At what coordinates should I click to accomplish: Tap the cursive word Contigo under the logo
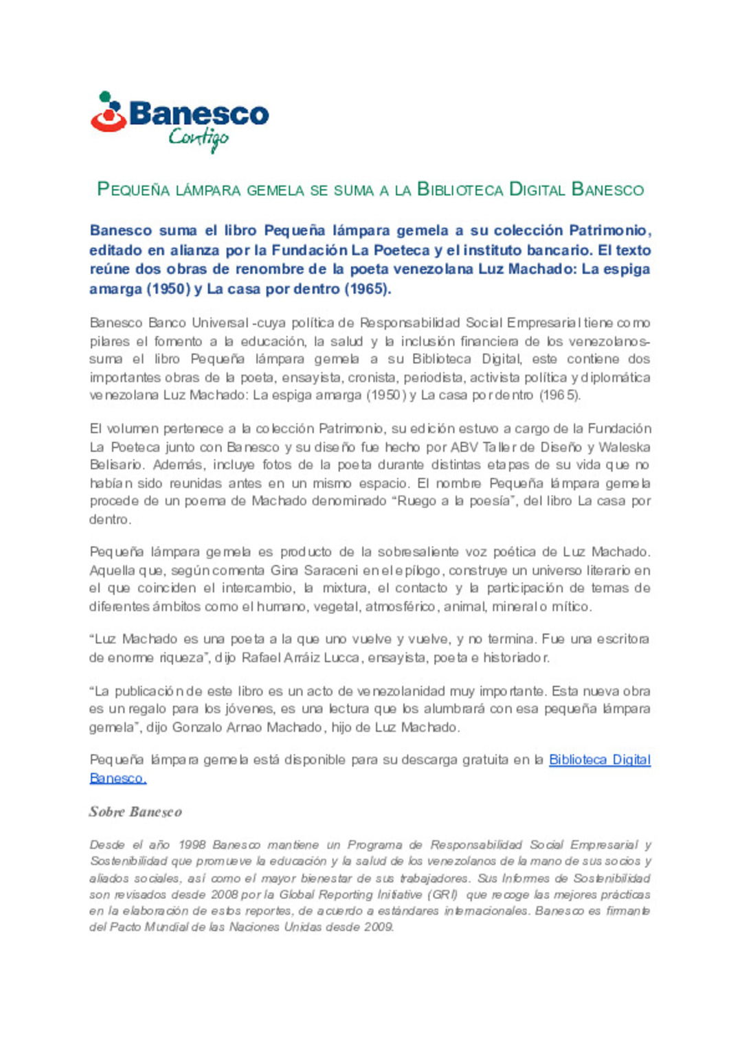click(x=198, y=138)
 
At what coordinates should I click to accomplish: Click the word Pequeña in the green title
click(x=133, y=190)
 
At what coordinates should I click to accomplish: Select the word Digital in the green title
click(x=537, y=190)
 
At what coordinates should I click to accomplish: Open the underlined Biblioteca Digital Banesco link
click(x=599, y=760)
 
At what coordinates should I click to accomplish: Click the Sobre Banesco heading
click(x=135, y=812)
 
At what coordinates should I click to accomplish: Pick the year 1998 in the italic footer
click(x=192, y=845)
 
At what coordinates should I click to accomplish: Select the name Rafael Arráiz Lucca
click(x=301, y=657)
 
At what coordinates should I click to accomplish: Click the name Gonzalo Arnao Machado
click(x=247, y=727)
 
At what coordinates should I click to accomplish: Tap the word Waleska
click(x=624, y=447)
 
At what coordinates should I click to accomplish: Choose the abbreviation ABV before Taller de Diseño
click(x=464, y=447)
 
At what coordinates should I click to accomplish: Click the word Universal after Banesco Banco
click(x=220, y=323)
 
